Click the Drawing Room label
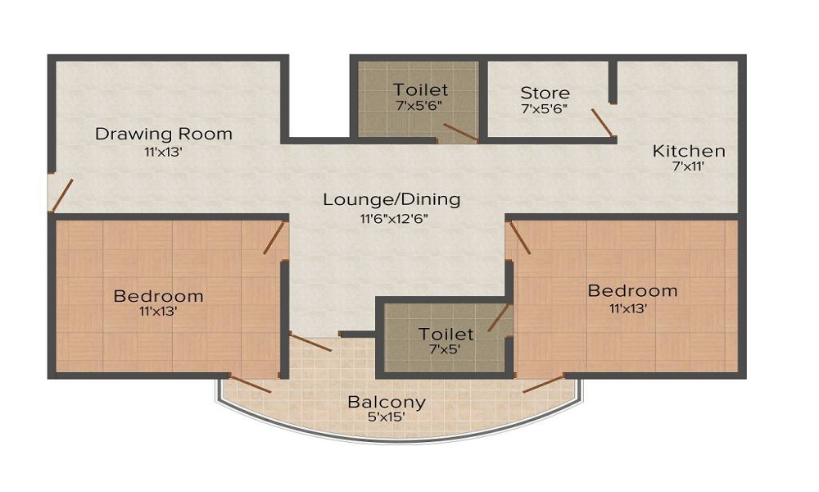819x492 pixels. point(164,134)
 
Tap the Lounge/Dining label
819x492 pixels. point(391,199)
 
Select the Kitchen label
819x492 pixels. point(689,151)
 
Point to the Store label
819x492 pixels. point(545,93)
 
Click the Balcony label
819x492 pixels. point(387,402)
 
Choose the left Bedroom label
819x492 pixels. point(158,296)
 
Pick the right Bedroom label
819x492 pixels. point(632,290)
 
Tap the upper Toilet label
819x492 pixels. point(420,89)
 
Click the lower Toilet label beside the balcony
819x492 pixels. point(446,334)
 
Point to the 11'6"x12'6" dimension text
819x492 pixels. point(395,219)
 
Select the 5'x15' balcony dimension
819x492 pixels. point(387,417)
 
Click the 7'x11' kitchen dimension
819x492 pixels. point(689,166)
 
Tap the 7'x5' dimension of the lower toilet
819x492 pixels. point(445,349)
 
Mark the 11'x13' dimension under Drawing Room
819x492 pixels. point(164,153)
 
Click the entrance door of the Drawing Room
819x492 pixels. point(61,195)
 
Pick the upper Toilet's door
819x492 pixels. point(460,132)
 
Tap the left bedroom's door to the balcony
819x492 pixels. point(250,385)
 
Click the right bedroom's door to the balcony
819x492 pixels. point(544,384)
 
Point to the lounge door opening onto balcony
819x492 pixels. point(310,343)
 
